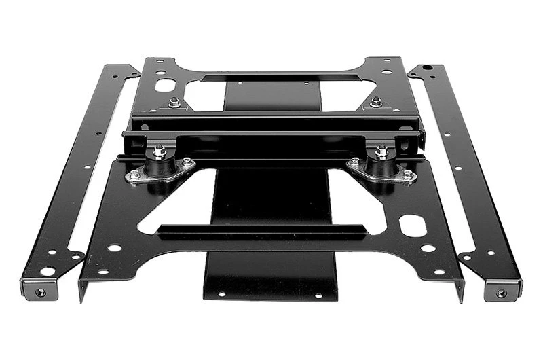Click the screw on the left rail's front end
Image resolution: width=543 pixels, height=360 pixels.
[41, 292]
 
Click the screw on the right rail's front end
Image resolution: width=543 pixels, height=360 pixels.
[501, 293]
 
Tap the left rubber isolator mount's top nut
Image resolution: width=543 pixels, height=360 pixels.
[160, 150]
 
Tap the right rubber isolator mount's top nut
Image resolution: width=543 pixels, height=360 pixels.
[381, 150]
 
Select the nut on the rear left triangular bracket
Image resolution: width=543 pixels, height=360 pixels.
[174, 103]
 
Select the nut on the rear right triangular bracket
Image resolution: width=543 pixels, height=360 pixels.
[375, 103]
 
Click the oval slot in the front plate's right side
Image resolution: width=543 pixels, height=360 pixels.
[413, 225]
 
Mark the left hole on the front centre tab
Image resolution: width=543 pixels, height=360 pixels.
[221, 294]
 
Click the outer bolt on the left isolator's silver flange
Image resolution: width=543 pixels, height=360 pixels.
[134, 175]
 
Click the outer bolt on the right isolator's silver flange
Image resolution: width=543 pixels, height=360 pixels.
[407, 175]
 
